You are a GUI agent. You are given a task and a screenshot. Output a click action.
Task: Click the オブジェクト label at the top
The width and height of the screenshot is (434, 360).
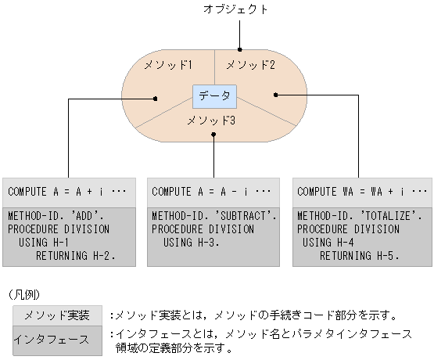241,10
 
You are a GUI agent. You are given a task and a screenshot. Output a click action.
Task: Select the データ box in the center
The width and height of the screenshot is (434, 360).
214,96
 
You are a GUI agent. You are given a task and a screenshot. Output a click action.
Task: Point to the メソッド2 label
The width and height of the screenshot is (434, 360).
251,66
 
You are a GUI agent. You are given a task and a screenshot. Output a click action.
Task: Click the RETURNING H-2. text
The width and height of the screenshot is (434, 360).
75,255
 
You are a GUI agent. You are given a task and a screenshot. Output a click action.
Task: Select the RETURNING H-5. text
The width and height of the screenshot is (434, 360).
360,255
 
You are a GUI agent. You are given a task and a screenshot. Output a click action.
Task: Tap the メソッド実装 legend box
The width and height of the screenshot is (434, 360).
56,316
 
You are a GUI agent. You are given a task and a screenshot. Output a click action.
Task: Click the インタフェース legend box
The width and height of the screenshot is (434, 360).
56,339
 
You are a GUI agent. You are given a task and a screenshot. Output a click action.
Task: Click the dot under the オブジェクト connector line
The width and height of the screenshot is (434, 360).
241,49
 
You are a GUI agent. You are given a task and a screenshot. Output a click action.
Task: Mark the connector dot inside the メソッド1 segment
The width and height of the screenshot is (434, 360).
156,99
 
